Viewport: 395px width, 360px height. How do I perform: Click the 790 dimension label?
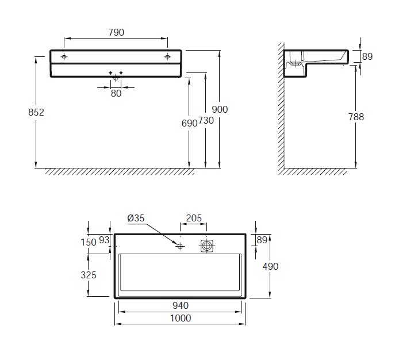click(x=116, y=32)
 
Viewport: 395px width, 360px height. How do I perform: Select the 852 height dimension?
click(x=36, y=112)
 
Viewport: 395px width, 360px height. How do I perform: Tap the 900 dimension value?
click(x=220, y=109)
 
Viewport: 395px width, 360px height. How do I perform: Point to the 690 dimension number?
click(x=189, y=123)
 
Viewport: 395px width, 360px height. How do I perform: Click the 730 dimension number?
click(x=206, y=120)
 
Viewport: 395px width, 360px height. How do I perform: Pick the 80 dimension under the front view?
click(x=116, y=93)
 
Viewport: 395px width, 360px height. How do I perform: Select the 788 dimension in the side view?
click(x=356, y=117)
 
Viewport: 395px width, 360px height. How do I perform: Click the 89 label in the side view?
click(x=367, y=56)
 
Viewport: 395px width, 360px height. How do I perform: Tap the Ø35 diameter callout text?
click(x=136, y=218)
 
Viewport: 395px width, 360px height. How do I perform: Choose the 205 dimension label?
click(x=194, y=218)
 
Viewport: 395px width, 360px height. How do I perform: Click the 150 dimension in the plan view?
click(x=89, y=242)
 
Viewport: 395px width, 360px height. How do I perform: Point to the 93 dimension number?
click(x=104, y=240)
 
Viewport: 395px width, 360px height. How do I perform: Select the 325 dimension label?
click(x=89, y=275)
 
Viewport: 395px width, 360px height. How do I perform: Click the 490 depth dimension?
click(x=270, y=266)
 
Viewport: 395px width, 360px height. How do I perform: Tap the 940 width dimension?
click(x=181, y=305)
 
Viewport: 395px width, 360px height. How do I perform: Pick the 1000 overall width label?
click(x=181, y=318)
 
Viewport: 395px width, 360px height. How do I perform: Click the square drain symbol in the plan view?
click(x=207, y=246)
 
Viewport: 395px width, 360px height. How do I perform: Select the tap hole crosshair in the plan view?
click(x=180, y=246)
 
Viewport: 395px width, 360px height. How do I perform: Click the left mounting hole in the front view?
click(x=64, y=57)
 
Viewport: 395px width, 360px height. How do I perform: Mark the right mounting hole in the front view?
click(x=167, y=57)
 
